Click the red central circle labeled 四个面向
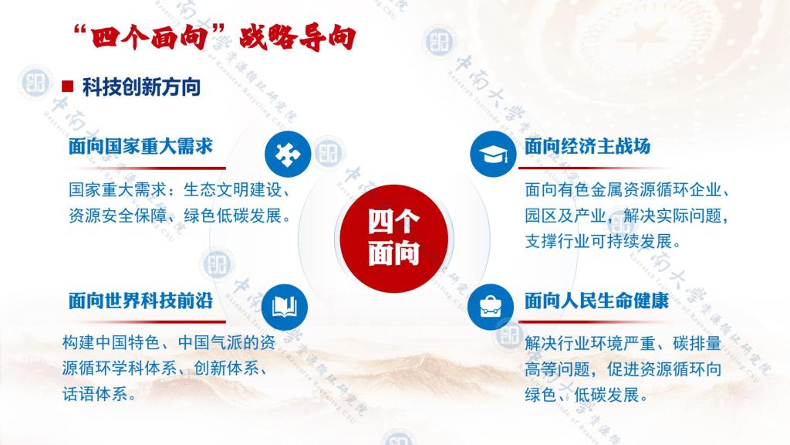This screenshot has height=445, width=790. (394, 238)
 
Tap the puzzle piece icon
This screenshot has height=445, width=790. (288, 154)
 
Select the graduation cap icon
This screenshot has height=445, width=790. (493, 154)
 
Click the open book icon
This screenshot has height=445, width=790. (285, 307)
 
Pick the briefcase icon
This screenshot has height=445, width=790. (490, 307)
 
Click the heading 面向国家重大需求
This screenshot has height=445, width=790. (140, 146)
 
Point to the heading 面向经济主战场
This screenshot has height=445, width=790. (587, 146)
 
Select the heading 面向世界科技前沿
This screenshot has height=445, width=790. (140, 301)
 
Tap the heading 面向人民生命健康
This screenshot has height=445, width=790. (596, 301)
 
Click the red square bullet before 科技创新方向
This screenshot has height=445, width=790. (68, 87)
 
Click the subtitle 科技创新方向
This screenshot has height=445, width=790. (142, 87)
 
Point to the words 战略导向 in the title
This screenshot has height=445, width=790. (297, 37)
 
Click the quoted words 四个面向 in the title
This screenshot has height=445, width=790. (149, 37)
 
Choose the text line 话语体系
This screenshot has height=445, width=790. (95, 394)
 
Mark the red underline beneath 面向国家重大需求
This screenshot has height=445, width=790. (146, 168)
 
